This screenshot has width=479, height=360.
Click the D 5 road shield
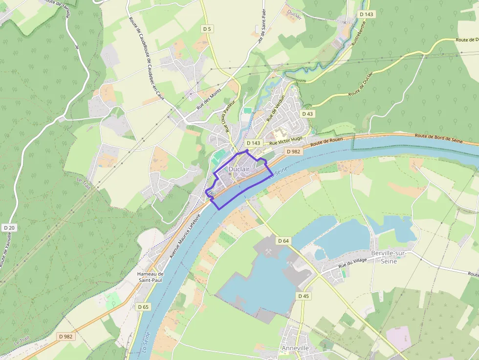[207, 29]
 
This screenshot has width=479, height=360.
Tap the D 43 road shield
[307, 114]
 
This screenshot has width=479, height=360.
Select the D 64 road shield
[283, 241]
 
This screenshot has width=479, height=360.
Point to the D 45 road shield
[304, 296]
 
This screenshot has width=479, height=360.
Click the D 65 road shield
[143, 307]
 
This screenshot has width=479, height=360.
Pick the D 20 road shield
[9, 228]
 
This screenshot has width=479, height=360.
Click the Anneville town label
[295, 348]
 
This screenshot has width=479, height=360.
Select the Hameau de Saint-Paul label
[151, 277]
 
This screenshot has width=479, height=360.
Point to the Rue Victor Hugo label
[286, 141]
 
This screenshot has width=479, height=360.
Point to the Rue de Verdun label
[275, 108]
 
